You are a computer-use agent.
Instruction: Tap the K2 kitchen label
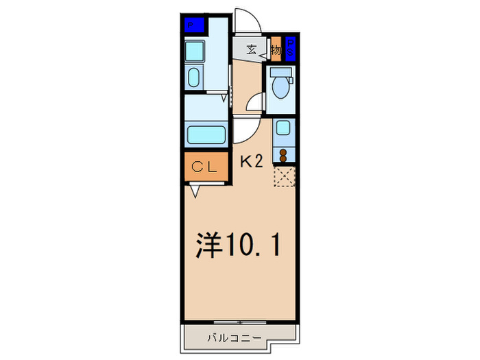click(251, 162)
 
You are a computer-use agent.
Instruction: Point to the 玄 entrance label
click(251, 49)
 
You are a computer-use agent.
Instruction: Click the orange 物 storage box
click(276, 49)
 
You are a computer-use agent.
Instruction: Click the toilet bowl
click(280, 88)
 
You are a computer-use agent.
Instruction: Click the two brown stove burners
click(283, 153)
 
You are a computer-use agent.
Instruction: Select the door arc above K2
click(245, 130)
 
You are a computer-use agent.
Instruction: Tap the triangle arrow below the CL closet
click(195, 192)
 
